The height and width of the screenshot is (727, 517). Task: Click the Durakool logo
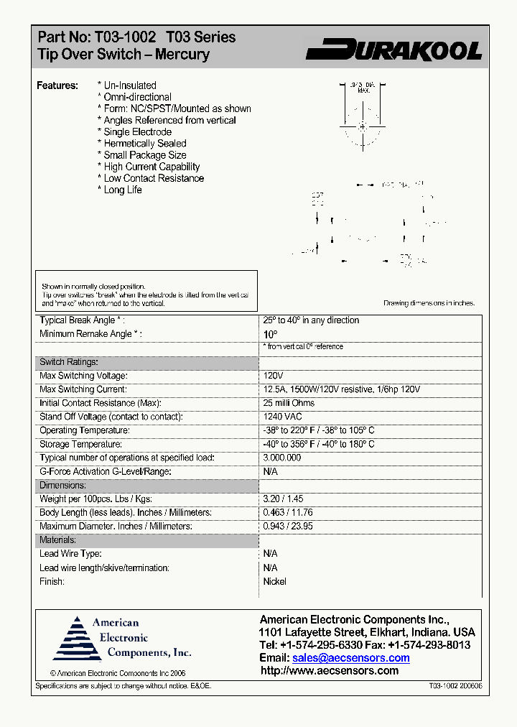(393, 50)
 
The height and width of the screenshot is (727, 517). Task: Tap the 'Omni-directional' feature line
(137, 97)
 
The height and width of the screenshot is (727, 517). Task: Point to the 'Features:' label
(57, 85)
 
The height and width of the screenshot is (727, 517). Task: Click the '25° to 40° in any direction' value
(311, 320)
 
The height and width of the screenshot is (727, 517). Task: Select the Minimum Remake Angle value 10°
(270, 335)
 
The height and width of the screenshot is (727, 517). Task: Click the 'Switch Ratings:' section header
(68, 362)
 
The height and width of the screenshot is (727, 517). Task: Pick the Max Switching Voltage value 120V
(274, 376)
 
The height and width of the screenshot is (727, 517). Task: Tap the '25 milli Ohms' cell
(289, 403)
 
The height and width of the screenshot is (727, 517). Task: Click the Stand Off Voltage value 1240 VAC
(283, 417)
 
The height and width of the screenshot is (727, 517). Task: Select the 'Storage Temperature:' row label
(85, 444)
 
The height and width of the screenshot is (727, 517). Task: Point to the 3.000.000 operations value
(282, 458)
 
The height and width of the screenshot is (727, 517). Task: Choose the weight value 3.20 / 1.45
(284, 499)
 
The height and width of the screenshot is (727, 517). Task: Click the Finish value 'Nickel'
(274, 581)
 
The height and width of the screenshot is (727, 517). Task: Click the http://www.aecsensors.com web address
(329, 671)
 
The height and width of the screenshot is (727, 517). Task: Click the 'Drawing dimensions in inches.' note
(429, 303)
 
